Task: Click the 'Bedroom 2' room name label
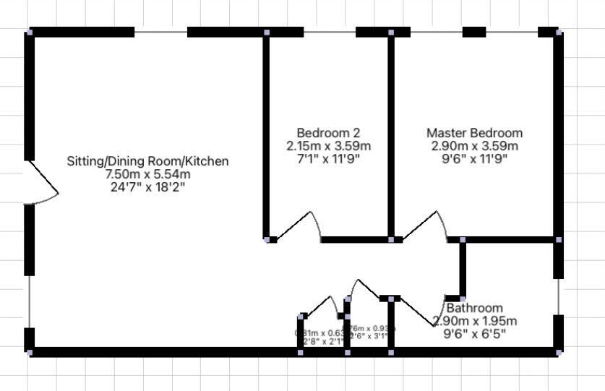pos(328,133)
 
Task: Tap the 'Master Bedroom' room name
pos(474,133)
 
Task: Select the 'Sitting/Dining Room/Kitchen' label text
pos(147,161)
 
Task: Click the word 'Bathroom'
pos(474,308)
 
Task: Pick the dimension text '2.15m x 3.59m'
pos(328,146)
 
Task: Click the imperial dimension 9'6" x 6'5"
pos(474,334)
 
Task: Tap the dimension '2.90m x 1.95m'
pos(474,321)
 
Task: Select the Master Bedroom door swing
pos(426,225)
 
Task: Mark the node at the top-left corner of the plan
pos(30,32)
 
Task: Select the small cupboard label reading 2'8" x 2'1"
pos(319,341)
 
